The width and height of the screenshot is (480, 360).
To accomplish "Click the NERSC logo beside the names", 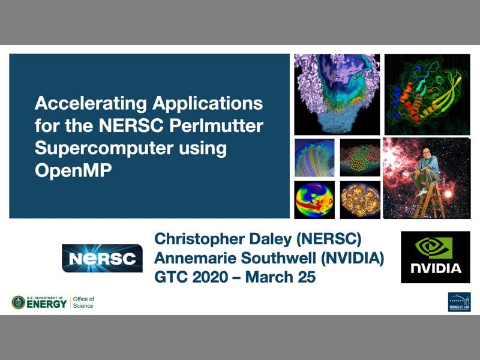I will (102, 259).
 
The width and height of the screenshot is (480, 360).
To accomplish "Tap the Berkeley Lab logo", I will (459, 302).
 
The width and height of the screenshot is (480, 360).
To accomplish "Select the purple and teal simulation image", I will (337, 94).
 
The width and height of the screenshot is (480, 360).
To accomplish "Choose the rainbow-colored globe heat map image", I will (314, 199).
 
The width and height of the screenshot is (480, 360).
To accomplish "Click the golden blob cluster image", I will (360, 199).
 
